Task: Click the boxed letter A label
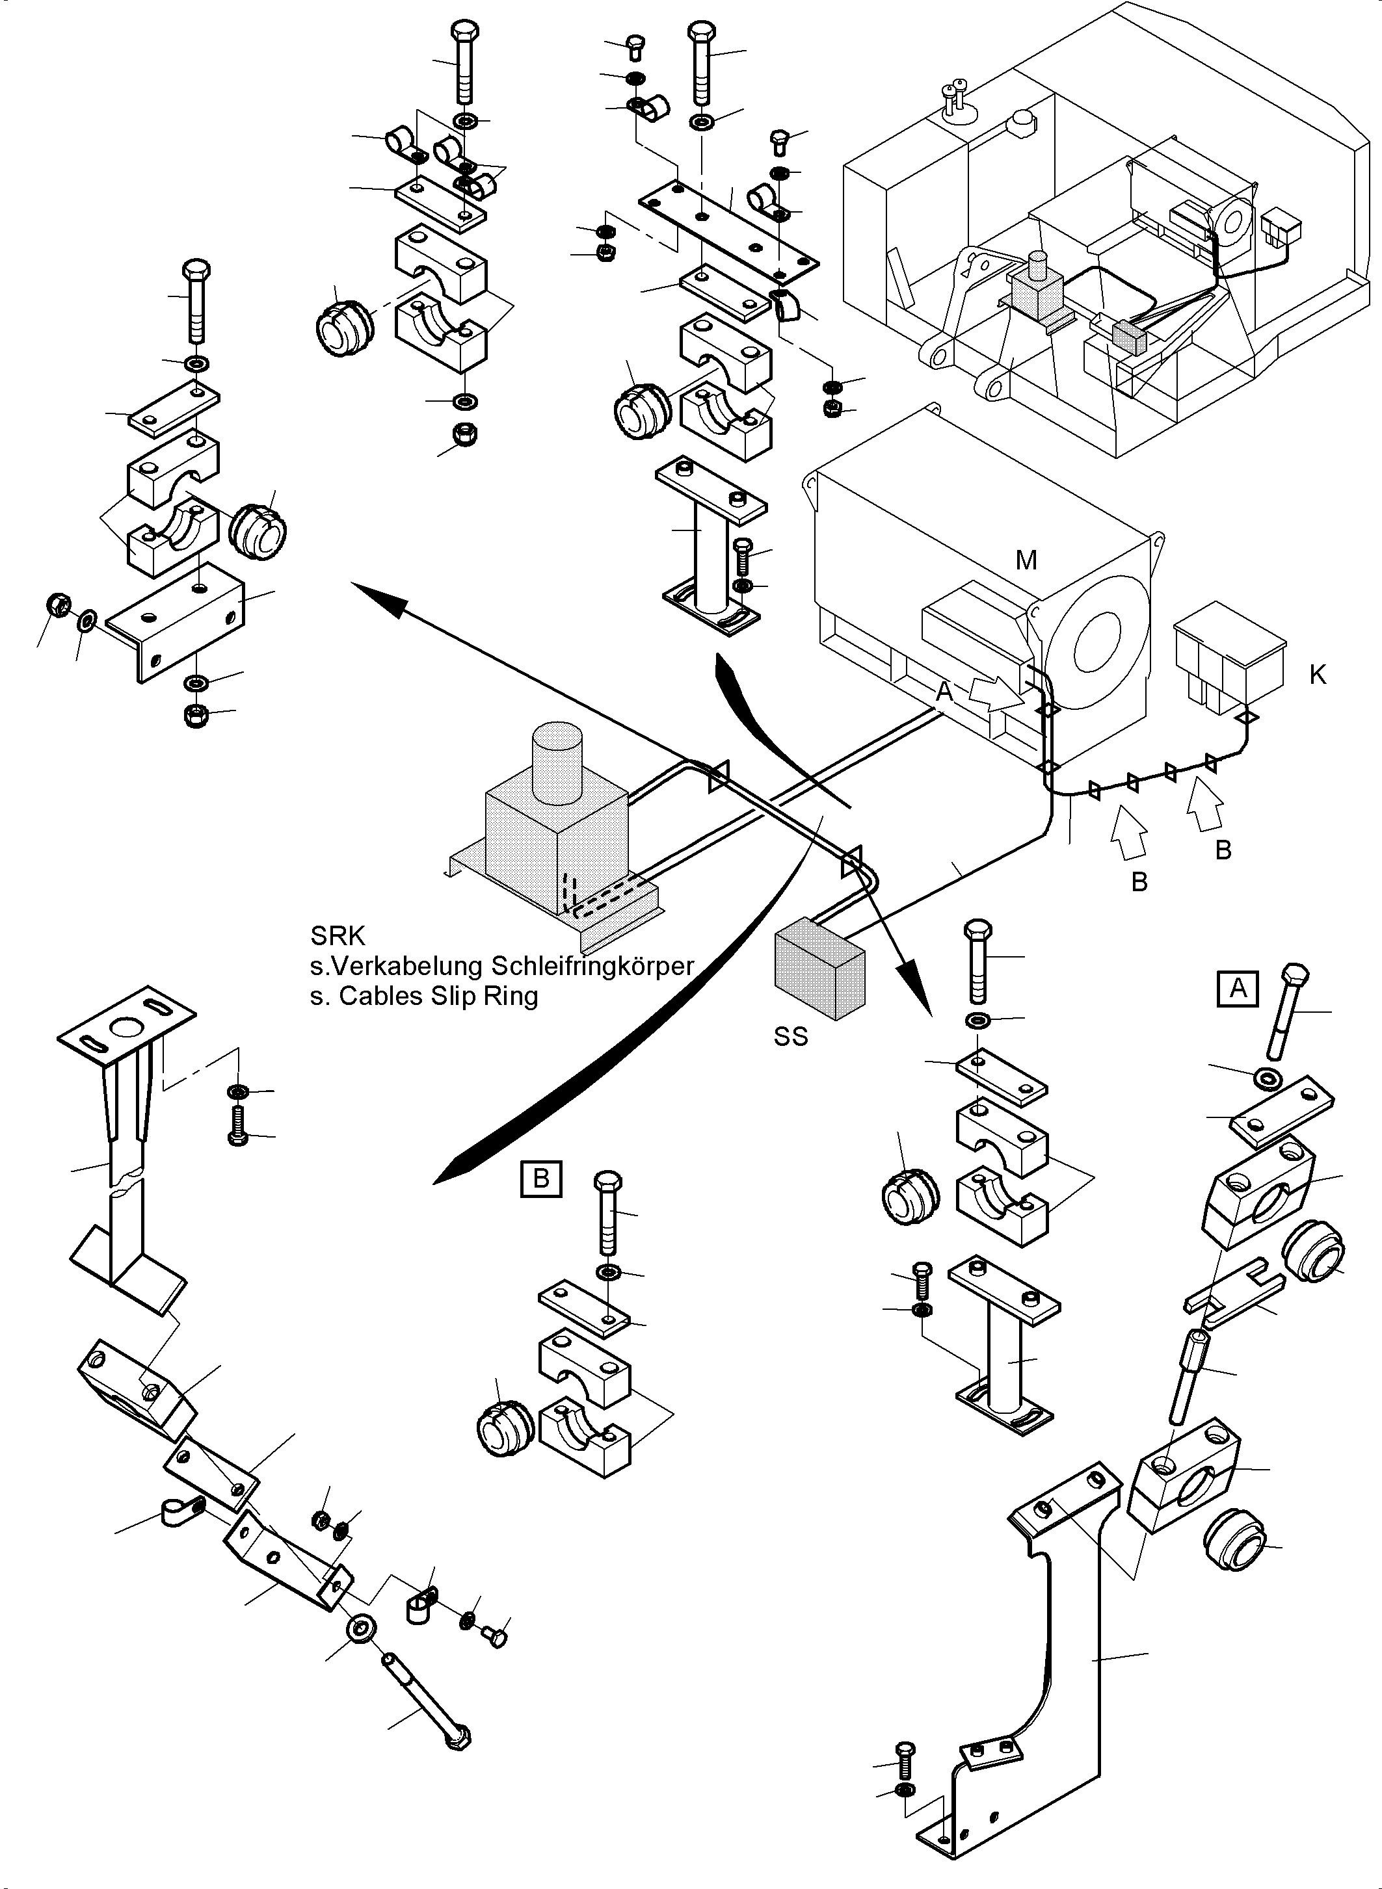[1237, 989]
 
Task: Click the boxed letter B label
[540, 1179]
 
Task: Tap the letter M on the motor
[1026, 561]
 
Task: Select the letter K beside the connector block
[1318, 675]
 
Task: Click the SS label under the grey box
[791, 1037]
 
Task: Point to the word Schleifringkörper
[592, 966]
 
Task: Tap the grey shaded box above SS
[820, 967]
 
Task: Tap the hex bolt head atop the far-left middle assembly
[196, 271]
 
